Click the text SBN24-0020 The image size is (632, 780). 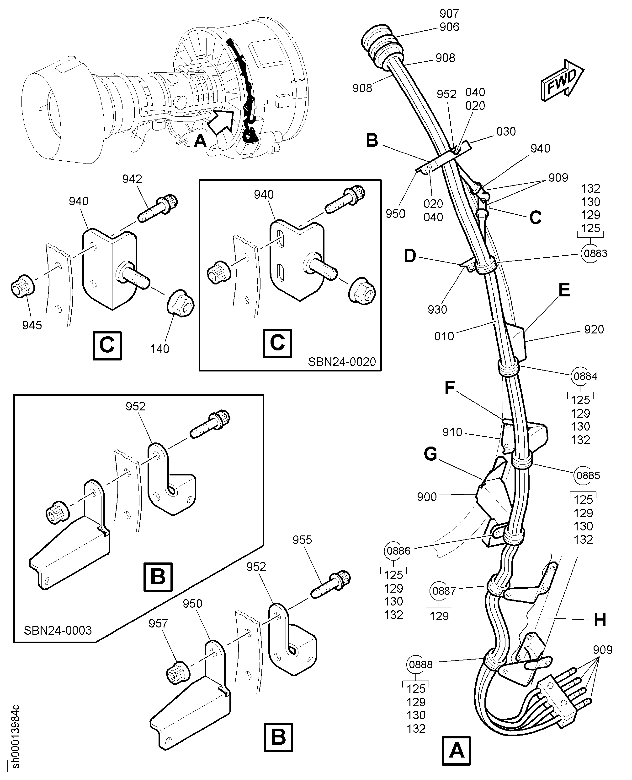coord(341,362)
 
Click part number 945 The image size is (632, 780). coord(32,325)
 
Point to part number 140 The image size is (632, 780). coord(159,349)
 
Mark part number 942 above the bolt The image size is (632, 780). coord(132,179)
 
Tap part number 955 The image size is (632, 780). coord(302,540)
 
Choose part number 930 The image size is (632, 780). coord(437,310)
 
